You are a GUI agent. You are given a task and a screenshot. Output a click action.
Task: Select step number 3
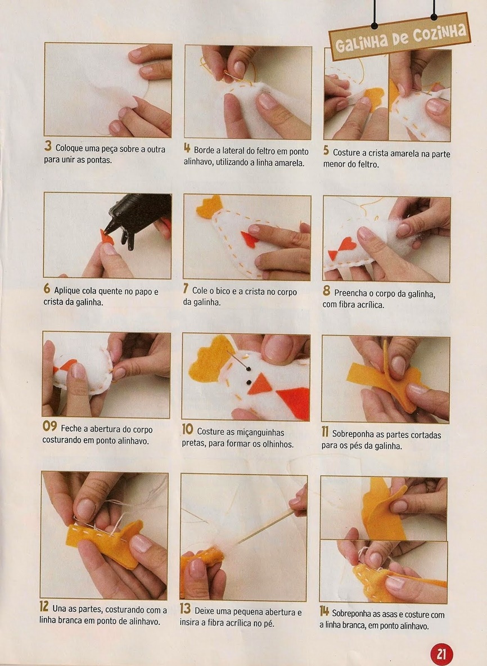coord(48,146)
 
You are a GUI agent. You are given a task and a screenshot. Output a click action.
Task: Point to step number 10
coord(188,429)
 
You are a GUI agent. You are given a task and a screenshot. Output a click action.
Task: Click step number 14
coord(324,611)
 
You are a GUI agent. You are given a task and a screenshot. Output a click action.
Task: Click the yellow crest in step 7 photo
coord(210,207)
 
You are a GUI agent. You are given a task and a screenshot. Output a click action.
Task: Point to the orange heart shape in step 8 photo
coord(348,245)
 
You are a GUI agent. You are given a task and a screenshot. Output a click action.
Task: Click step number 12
coord(44,606)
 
